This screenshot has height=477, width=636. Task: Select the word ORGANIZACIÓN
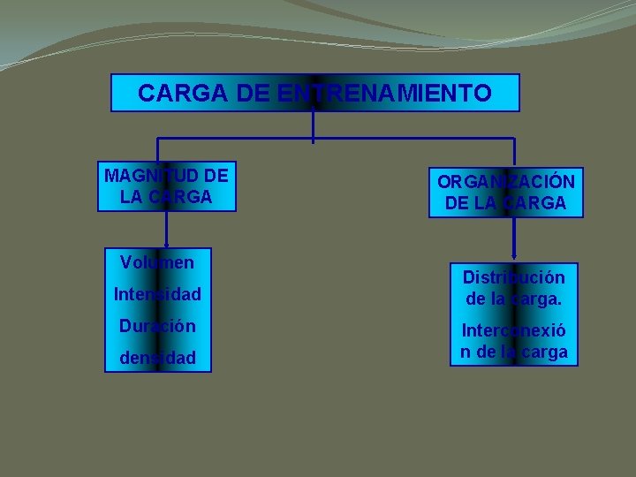pos(506,183)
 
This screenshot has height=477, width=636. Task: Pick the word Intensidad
pos(157,293)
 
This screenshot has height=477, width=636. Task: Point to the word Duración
pos(157,325)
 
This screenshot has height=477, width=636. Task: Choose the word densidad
pos(157,358)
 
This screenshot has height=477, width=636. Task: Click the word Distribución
pos(513,277)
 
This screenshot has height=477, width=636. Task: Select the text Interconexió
pos(513,332)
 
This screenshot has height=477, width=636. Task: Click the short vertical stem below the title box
pos(314,125)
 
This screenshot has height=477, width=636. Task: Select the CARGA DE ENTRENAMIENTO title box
pos(314,93)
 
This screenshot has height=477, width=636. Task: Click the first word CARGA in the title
pos(173,93)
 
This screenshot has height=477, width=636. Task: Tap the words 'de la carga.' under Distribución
pos(513,299)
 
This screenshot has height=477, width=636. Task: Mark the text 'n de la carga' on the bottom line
pos(513,352)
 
